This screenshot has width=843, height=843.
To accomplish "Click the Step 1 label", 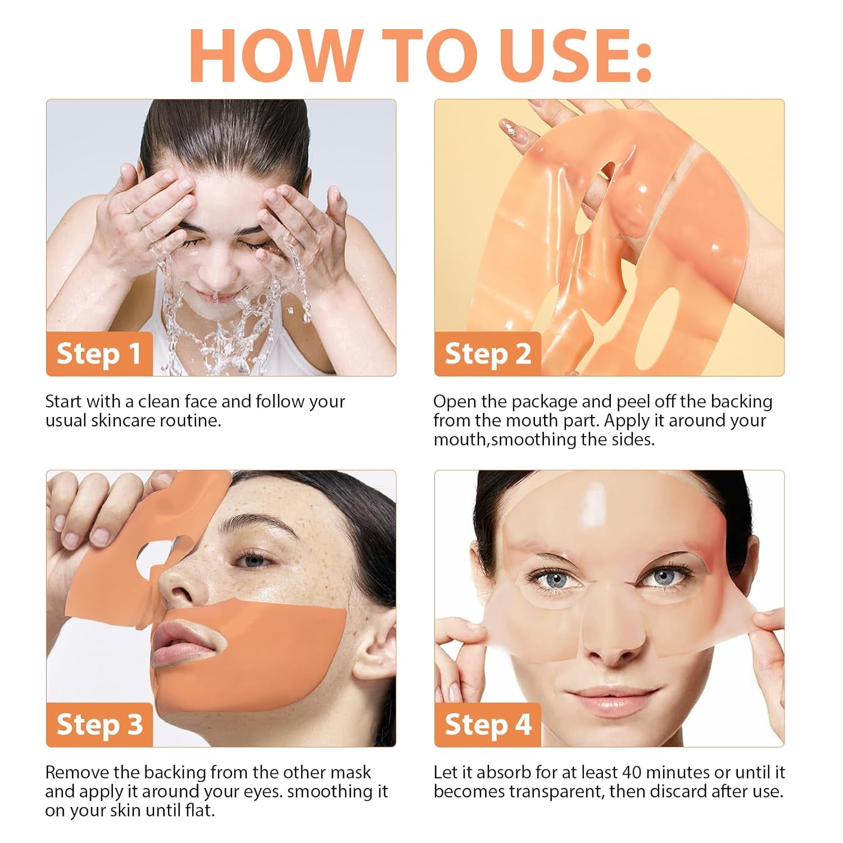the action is [x=99, y=354].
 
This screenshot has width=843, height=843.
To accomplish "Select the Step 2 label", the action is [x=487, y=354].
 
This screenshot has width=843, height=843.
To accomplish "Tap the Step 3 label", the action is [x=99, y=724].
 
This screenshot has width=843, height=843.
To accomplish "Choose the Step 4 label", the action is [x=487, y=724].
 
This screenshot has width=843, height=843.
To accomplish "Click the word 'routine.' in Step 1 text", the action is [x=191, y=420].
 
